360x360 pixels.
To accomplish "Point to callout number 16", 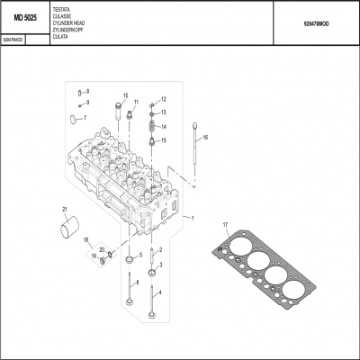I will (205, 138).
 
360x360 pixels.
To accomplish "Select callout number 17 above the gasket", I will (225, 224).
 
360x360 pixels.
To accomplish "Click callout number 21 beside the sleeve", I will (64, 211).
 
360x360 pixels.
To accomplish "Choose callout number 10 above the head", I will (124, 96).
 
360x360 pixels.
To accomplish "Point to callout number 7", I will (85, 118).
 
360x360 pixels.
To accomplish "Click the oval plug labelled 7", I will (72, 120).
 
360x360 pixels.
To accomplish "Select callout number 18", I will (86, 240).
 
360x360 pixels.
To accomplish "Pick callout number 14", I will (164, 127).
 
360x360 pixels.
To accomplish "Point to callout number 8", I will (86, 92).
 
